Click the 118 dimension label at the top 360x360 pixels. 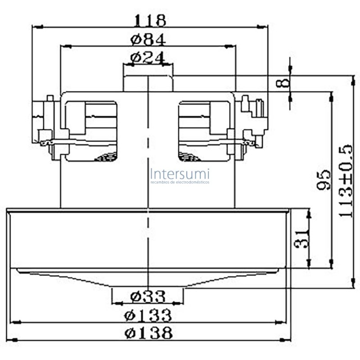[150, 20]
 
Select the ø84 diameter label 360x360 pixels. [148, 40]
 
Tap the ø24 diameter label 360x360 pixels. [148, 58]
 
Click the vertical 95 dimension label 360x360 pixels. [324, 180]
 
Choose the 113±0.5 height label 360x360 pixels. [345, 181]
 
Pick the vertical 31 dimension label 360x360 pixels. [301, 239]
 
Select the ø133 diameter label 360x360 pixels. [148, 315]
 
